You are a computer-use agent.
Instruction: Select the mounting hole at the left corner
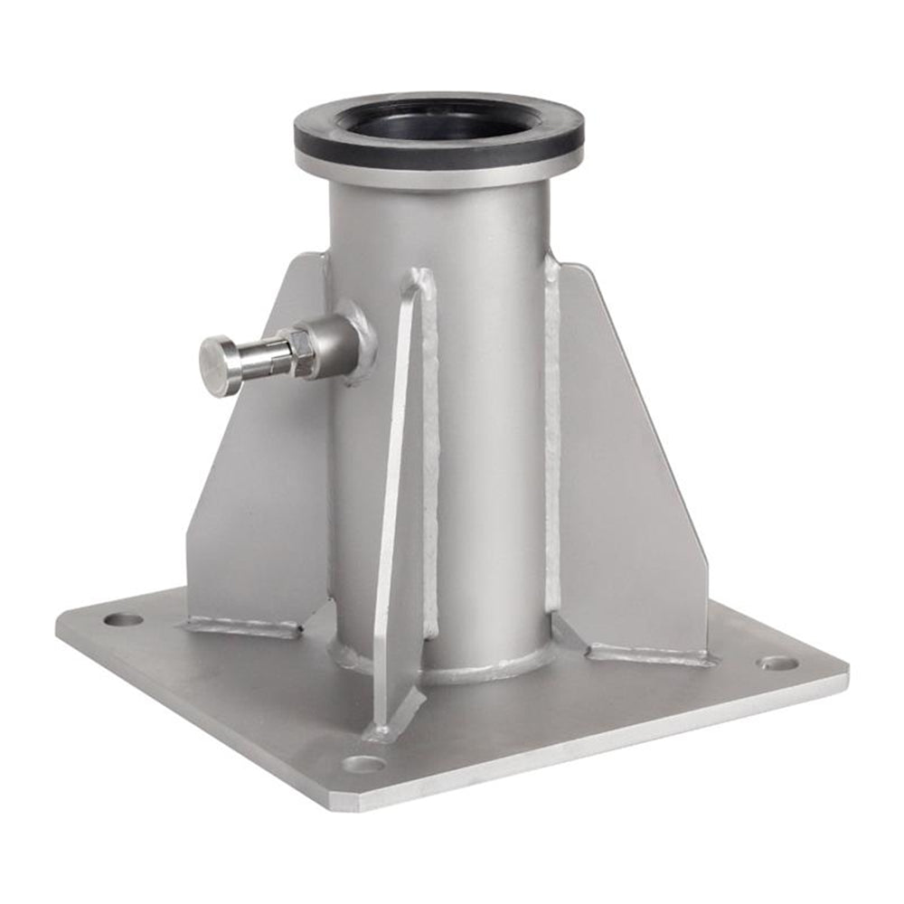pyautogui.click(x=123, y=620)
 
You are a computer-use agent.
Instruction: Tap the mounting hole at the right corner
pyautogui.click(x=778, y=663)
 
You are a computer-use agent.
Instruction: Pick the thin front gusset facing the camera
pyautogui.click(x=398, y=506)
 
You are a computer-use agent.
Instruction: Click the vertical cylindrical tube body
pyautogui.click(x=488, y=407)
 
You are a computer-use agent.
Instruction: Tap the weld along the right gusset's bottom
pyautogui.click(x=646, y=653)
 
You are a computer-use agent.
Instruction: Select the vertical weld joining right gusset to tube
pyautogui.click(x=552, y=434)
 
